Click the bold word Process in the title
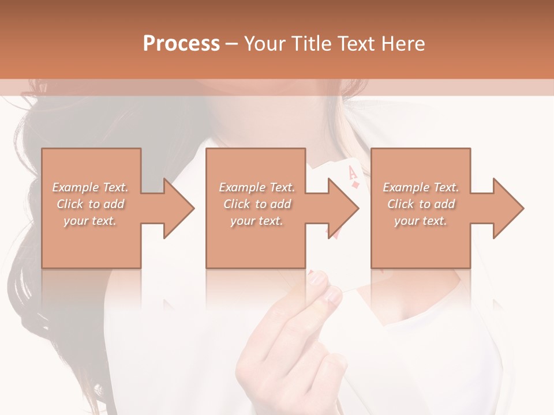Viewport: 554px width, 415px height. tap(181, 44)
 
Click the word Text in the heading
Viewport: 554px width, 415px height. tap(355, 44)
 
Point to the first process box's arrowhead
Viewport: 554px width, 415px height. tap(179, 208)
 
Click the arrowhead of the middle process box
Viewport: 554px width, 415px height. tap(343, 208)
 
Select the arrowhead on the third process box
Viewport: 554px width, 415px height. tap(508, 208)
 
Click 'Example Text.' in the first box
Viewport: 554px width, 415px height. tap(90, 187)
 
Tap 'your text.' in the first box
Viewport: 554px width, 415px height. tap(90, 221)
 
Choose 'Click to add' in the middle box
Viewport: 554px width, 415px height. tap(257, 204)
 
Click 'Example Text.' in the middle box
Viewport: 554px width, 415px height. tap(257, 187)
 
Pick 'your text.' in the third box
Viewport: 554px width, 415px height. tap(421, 221)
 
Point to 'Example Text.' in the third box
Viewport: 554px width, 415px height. tap(421, 187)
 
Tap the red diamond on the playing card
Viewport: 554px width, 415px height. tap(356, 184)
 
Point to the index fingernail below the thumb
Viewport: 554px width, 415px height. tap(334, 296)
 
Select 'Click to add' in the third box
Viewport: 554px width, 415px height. tap(421, 204)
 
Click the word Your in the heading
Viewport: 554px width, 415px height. tap(264, 44)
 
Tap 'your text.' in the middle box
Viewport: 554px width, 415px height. tap(257, 221)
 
